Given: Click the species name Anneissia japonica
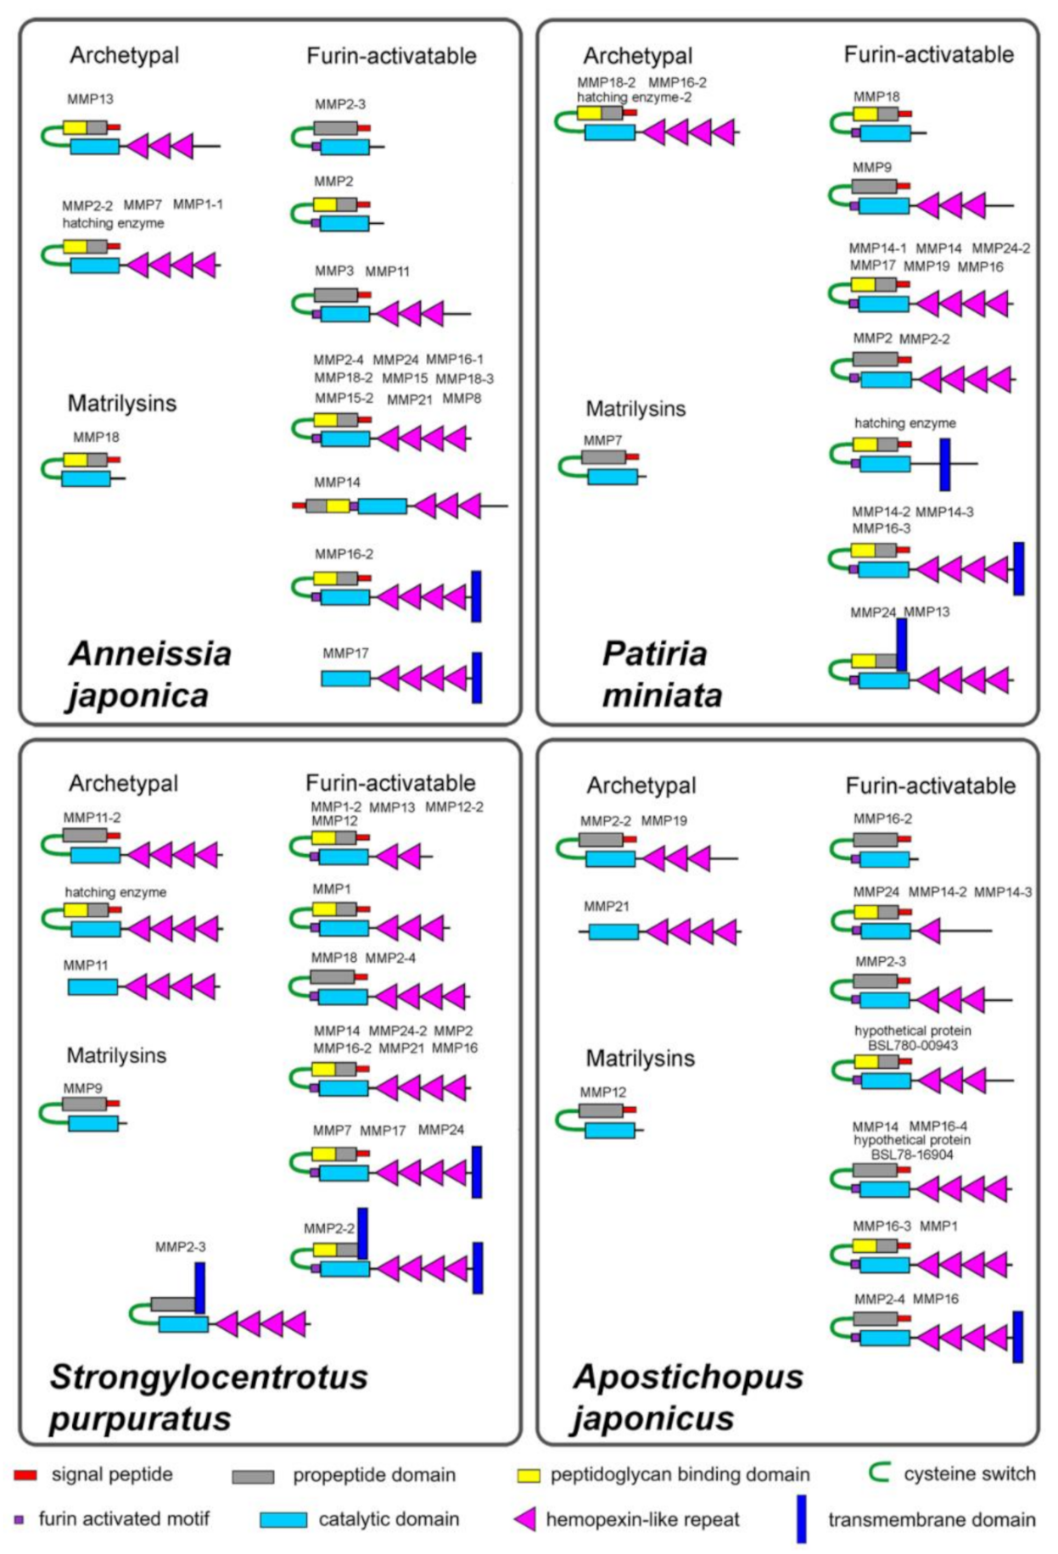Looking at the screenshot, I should point(149,674).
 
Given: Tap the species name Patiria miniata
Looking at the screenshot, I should point(662,674).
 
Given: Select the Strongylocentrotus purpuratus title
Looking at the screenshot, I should point(208,1397).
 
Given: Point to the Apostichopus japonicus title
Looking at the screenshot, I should point(687,1397).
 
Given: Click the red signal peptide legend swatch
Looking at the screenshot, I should point(26,1475).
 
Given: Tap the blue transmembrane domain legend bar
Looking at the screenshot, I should point(801,1518).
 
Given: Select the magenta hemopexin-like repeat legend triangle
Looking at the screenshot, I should point(526,1519).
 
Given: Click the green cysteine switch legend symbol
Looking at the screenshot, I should point(880,1473).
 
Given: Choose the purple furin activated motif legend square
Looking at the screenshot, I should point(19,1519).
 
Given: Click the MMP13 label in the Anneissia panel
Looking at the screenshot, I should point(90,99).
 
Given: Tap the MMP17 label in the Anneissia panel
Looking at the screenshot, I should point(345,653).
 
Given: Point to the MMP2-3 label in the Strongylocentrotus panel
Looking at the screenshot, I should point(180,1247).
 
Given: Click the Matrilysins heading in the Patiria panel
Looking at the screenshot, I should point(635,409).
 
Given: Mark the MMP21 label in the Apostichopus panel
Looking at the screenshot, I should point(606,907).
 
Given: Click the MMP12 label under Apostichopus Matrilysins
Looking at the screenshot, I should point(602,1093).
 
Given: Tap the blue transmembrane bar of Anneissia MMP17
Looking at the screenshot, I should point(477,677).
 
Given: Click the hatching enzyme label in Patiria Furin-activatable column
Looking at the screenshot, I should point(904,422).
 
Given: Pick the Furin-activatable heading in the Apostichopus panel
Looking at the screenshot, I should point(930,785).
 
